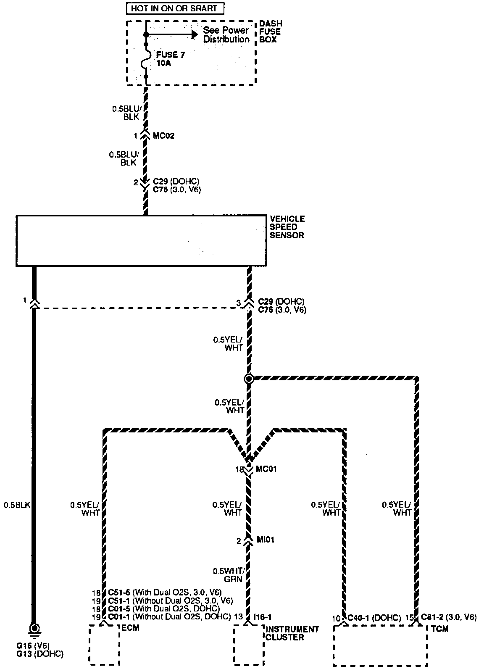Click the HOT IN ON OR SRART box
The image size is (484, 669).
coord(175,8)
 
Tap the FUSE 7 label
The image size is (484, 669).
coord(170,55)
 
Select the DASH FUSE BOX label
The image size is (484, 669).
coord(271,32)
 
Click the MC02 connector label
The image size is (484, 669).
coord(163,136)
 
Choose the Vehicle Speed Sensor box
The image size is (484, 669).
coord(141,241)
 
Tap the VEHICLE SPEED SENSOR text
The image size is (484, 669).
coord(287,227)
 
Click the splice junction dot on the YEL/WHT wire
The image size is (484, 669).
coord(249,379)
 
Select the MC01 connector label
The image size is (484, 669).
coord(266,469)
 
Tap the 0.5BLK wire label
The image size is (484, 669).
coord(17,505)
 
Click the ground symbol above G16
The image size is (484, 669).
coord(34,629)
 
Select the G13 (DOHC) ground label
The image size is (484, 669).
coord(40,654)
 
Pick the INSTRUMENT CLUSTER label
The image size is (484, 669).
coord(292,633)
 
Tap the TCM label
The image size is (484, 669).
coord(439,629)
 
